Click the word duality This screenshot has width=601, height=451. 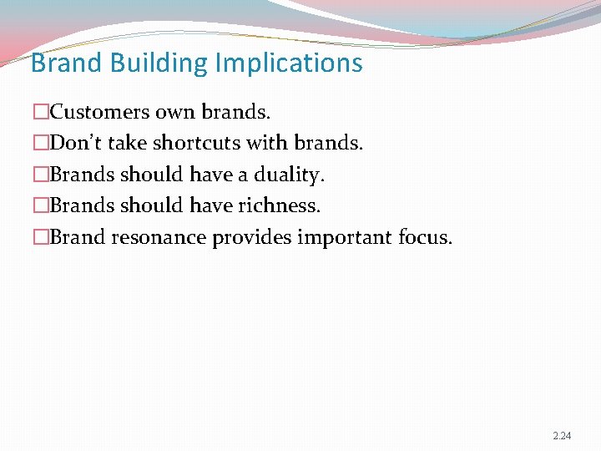coord(289,175)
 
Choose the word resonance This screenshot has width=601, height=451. coord(159,237)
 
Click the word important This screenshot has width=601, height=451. coord(344,237)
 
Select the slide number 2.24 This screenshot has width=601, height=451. coord(562,436)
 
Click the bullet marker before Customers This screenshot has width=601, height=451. coord(41,111)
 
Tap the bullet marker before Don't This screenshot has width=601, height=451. coord(41,143)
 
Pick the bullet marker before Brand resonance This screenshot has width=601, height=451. coord(41,237)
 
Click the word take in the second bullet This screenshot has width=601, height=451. coord(128,143)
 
